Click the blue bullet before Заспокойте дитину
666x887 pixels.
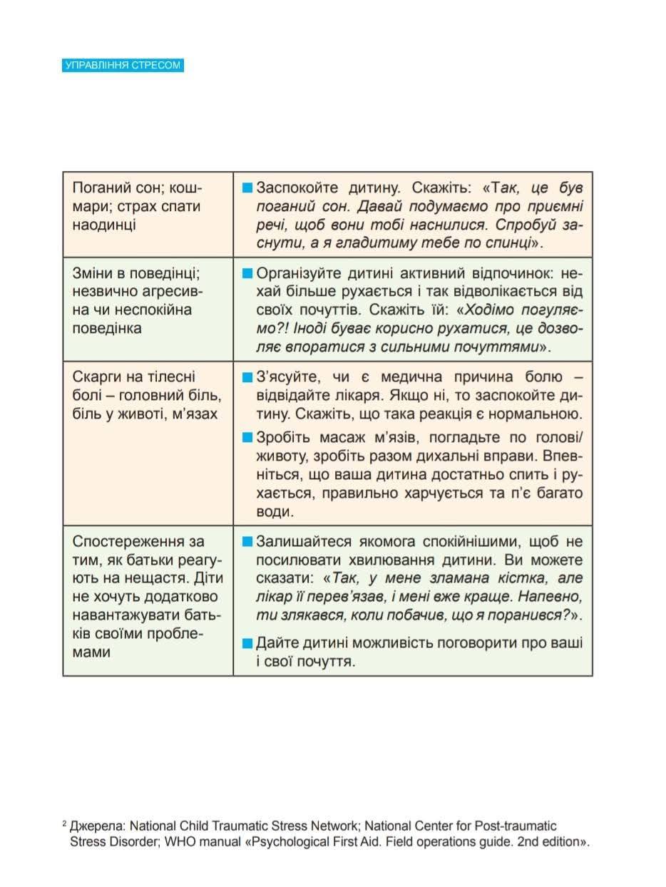(247, 189)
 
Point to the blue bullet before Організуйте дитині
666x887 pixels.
(247, 274)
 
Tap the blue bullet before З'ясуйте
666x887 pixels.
(247, 377)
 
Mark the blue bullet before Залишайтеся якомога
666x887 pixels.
(247, 541)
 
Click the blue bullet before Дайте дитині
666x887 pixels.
(247, 643)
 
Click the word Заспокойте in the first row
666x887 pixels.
(292, 189)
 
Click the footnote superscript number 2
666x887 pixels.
(65, 824)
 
